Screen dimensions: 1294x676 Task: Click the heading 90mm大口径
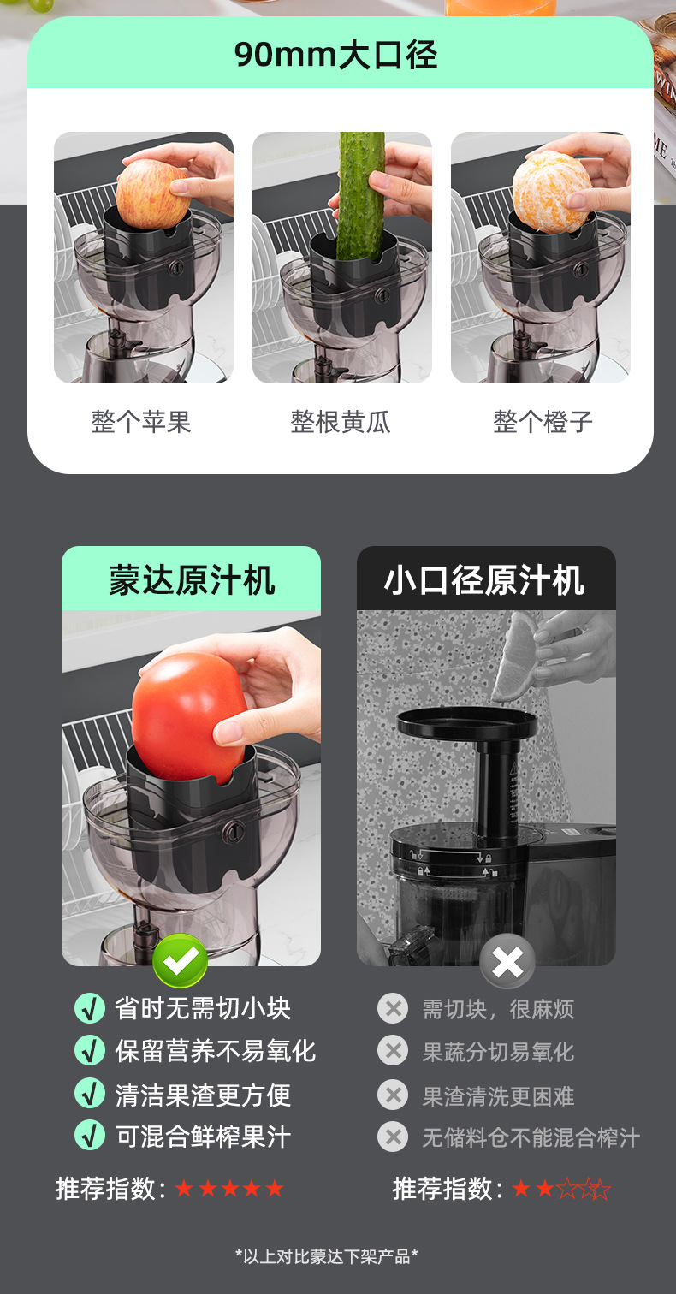coord(335,55)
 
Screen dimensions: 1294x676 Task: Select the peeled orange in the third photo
coord(551,191)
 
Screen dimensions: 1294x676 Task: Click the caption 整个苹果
coord(141,422)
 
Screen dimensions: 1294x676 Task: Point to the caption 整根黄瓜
coord(341,422)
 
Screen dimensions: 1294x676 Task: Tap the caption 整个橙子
coord(543,422)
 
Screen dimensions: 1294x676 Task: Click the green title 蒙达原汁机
coord(192,579)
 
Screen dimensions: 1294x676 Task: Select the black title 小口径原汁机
coord(484,579)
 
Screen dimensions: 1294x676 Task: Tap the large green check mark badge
coord(180,961)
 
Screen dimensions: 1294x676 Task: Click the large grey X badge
coord(507,962)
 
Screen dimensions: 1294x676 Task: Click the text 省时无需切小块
coord(203,1008)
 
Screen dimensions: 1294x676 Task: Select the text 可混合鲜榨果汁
coord(203,1137)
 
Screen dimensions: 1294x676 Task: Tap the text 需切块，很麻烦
coord(498,1009)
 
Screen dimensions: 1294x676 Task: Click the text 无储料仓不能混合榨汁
coord(531,1137)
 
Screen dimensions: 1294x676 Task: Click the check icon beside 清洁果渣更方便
coord(90,1094)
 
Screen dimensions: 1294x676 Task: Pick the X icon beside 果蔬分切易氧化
coord(393,1051)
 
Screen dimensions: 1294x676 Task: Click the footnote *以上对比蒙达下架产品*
coord(326,1256)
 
